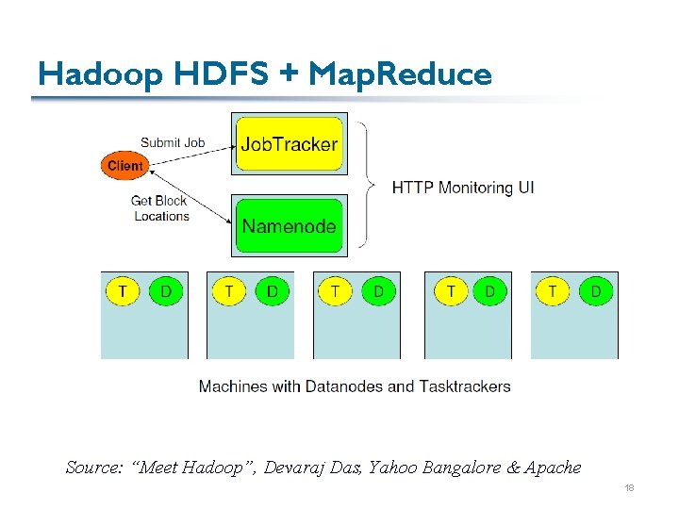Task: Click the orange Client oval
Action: pos(124,166)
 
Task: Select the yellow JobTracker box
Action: pos(289,144)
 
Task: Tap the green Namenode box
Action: pos(289,225)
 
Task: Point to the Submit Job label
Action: pos(173,143)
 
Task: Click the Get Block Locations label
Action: pos(160,208)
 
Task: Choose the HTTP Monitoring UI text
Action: pos(463,188)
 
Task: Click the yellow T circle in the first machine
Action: pos(122,291)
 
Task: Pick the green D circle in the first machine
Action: pos(166,291)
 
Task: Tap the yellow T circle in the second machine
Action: pos(228,291)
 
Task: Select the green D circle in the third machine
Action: pos(378,291)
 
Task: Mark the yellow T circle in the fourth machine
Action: pos(451,291)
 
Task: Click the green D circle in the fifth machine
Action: pos(595,291)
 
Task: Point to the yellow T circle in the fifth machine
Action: pos(553,291)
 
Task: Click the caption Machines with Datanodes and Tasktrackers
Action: pos(355,386)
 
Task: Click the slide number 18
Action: pos(629,488)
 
